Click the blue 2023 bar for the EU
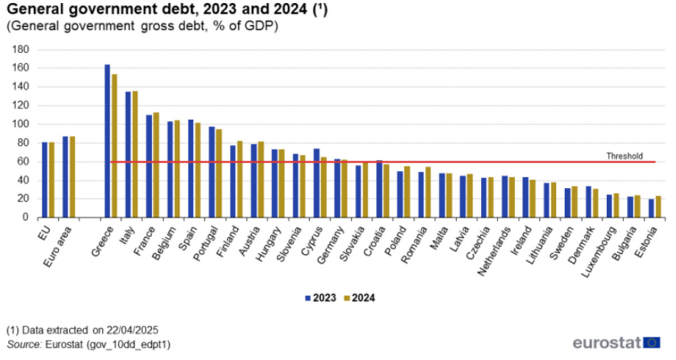[x=45, y=179]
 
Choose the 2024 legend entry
[x=359, y=298]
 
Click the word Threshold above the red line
[x=624, y=156]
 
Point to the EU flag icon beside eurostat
[x=651, y=342]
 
